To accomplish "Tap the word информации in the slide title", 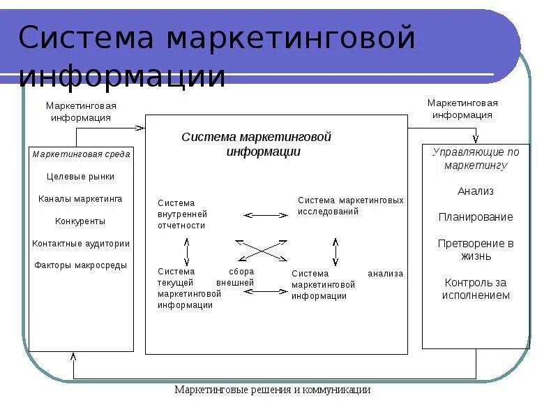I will coord(122,75).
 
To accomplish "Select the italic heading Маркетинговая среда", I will coord(81,154).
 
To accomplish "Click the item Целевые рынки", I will coord(81,177).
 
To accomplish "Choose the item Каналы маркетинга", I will coord(81,199).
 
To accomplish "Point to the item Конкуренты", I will coord(81,221).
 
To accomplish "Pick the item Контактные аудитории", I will coord(81,244).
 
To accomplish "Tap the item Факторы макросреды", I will coord(81,265).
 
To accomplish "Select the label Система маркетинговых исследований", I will coord(350,205).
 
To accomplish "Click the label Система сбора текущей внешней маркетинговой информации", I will coord(206,288).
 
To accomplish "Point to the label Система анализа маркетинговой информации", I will coord(347,284).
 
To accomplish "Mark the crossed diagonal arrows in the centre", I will coord(262,251).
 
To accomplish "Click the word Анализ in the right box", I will coord(476,191).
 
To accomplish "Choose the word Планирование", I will coord(476,217).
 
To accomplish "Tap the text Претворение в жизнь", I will coord(476,249).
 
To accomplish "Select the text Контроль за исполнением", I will coord(476,288).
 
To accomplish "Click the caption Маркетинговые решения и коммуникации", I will coord(273,390).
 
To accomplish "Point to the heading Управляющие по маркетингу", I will coord(476,159).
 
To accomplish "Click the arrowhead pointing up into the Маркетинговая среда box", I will coord(73,355).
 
